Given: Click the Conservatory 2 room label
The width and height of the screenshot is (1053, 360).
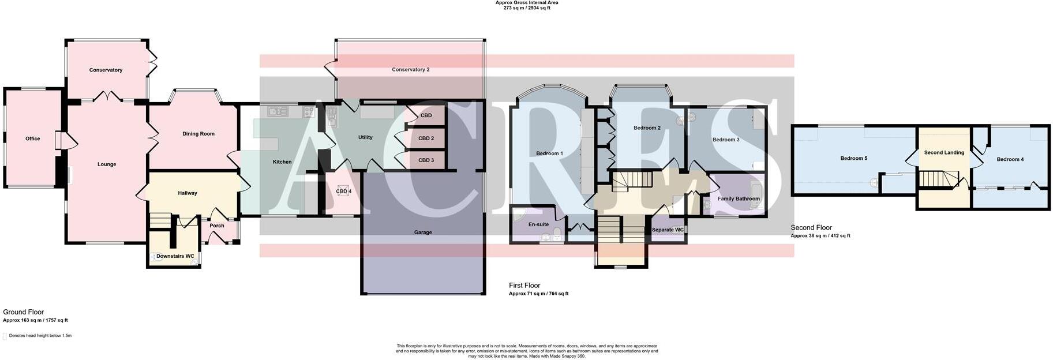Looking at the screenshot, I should coord(410,70).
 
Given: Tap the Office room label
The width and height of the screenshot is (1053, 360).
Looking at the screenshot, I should coord(33,138).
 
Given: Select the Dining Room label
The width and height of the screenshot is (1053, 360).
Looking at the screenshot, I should coord(198,134).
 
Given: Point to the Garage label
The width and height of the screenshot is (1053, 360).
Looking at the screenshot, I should coord(423,232).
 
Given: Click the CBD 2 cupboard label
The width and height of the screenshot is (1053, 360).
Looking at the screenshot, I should coord(426,138).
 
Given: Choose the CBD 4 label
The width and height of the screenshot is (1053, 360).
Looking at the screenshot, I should coord(343,191).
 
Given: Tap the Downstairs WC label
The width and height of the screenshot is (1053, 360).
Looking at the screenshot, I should coord(175,256).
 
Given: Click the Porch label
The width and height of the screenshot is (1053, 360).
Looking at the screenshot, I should coord(217,226).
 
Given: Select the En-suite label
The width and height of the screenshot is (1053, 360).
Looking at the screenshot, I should coord(538,224).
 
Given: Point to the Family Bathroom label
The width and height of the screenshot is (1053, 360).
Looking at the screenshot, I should coord(739,199).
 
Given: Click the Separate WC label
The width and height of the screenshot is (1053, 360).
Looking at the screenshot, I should coord(668,230).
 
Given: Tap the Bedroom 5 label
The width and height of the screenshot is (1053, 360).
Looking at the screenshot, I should coord(853,159).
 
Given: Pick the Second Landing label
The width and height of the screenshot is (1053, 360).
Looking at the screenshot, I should coord(944,153).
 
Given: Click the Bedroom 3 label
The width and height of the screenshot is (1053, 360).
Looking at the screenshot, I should coord(726,140).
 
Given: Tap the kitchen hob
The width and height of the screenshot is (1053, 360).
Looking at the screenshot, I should coord(309,112).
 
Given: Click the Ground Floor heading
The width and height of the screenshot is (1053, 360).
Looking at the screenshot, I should coord(23,312).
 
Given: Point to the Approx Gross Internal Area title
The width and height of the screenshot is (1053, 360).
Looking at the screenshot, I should coord(526,3).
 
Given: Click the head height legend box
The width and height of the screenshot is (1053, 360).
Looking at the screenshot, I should coord(5,336).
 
